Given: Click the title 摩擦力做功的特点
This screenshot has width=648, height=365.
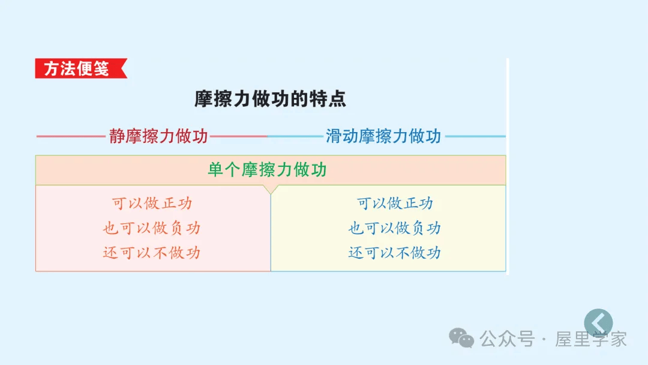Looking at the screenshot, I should tap(271, 99).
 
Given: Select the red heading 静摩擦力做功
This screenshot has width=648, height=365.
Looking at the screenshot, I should tap(158, 136).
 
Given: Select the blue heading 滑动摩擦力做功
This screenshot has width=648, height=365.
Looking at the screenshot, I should tap(383, 136).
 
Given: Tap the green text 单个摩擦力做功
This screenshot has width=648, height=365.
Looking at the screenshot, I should tap(267, 170).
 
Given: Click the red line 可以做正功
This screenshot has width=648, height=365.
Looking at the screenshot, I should tap(152, 204).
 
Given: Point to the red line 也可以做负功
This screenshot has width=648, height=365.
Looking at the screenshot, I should tap(152, 228).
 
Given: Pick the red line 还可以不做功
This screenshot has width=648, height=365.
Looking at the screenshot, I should tap(152, 253).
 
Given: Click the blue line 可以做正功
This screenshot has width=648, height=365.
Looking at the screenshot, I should tap(395, 204).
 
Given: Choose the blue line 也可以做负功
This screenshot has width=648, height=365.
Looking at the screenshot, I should tap(395, 228).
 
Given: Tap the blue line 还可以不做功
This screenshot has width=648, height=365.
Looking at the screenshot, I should tap(395, 253).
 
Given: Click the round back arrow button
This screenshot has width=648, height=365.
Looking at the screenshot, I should tap(598, 322).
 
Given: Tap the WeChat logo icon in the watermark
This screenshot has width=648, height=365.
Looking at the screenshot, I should tap(462, 337).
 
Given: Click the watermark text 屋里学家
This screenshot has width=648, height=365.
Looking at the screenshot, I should tap(591, 339).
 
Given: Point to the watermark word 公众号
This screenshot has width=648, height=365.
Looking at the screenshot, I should tap(507, 339).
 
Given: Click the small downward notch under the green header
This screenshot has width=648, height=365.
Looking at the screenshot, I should tap(271, 189).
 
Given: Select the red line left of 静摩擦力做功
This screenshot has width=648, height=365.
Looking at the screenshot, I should tap(71, 136).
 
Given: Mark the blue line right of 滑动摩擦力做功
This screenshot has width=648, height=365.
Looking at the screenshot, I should tap(475, 136).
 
